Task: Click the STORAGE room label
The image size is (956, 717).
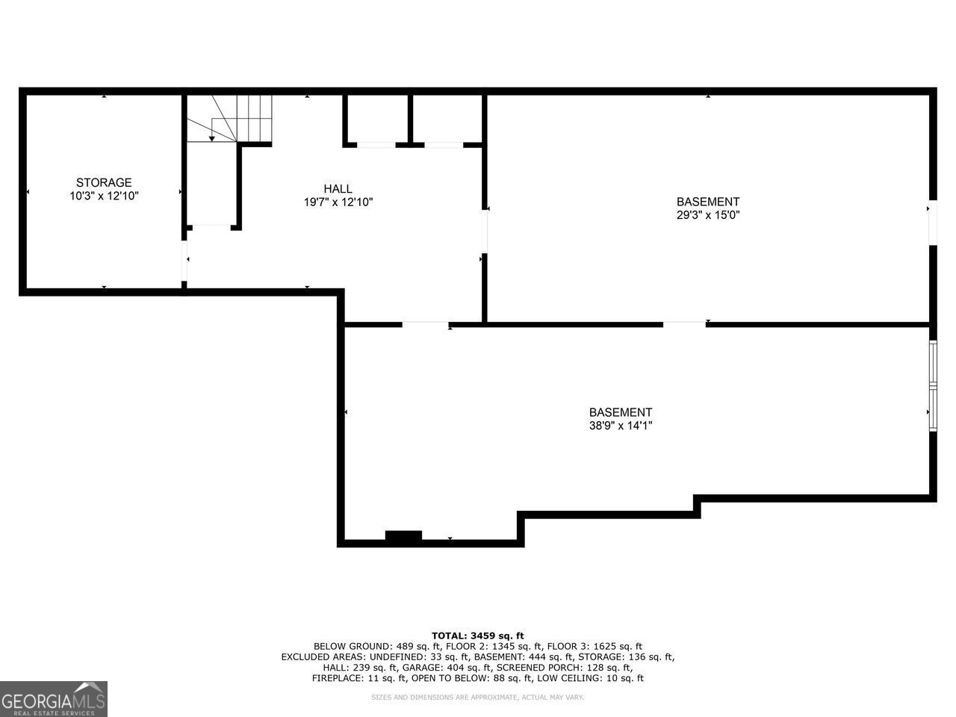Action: pos(104,182)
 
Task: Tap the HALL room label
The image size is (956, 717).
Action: pos(338,189)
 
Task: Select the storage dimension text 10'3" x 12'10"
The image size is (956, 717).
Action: pos(104,196)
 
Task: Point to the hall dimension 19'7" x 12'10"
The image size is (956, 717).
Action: pos(338,202)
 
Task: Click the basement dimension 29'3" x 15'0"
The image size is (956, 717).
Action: pos(708,215)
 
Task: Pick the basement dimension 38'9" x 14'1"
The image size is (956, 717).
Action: pos(621,425)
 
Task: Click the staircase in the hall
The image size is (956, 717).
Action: pos(229,119)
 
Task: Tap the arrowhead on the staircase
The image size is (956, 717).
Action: pos(211,138)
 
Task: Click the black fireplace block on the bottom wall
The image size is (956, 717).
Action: pos(403,536)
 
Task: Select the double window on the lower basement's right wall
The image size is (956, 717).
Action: pos(933,386)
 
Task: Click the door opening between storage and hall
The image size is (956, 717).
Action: pos(184,261)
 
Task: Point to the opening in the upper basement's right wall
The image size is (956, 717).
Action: pos(933,223)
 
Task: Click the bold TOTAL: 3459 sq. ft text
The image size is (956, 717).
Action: pos(478,636)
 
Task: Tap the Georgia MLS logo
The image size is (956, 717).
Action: pos(54,699)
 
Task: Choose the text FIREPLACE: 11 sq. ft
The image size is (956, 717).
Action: pos(359,678)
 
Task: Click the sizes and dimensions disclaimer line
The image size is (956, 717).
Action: pos(477,698)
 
